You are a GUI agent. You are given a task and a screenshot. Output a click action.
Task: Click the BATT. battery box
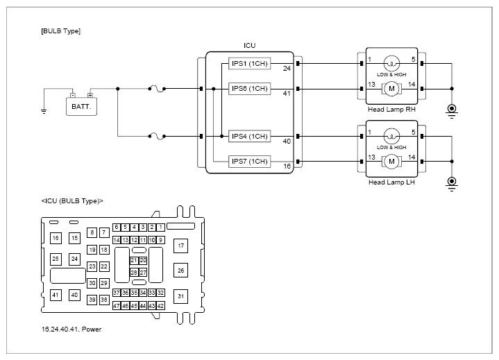pyautogui.click(x=81, y=107)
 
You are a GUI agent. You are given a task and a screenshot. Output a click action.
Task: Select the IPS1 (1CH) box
pyautogui.click(x=250, y=64)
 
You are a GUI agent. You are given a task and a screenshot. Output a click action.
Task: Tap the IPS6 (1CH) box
pyautogui.click(x=250, y=89)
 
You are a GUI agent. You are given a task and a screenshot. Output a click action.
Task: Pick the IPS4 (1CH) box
pyautogui.click(x=250, y=137)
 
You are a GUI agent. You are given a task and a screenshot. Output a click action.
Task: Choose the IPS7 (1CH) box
pyautogui.click(x=250, y=161)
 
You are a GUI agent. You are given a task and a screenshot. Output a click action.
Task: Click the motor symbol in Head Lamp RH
pyautogui.click(x=391, y=89)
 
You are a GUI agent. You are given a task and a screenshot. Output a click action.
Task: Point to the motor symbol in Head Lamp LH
pyautogui.click(x=391, y=162)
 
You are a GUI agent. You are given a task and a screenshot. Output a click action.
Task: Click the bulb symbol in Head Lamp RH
pyautogui.click(x=391, y=64)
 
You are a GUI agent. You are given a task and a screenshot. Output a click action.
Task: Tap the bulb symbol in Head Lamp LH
pyautogui.click(x=391, y=137)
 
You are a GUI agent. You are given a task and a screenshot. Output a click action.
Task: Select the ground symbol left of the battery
pyautogui.click(x=44, y=111)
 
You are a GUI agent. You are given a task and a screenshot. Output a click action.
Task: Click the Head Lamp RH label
pyautogui.click(x=391, y=110)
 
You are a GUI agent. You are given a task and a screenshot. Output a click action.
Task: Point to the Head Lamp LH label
pyautogui.click(x=391, y=182)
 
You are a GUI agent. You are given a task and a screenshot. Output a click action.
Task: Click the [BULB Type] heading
pyautogui.click(x=61, y=31)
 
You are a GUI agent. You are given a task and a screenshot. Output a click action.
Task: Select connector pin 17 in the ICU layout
pyautogui.click(x=180, y=246)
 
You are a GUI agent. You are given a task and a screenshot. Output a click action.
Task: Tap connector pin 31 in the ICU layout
pyautogui.click(x=180, y=296)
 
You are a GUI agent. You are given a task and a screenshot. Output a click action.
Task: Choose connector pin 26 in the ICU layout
pyautogui.click(x=180, y=271)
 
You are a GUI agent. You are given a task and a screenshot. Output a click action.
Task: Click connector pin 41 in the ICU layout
pyautogui.click(x=56, y=295)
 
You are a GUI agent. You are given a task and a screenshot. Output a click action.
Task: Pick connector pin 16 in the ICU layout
pyautogui.click(x=56, y=238)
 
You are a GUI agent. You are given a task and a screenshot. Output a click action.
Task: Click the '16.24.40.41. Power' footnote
pyautogui.click(x=71, y=329)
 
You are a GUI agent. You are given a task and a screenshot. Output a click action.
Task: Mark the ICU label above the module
pyautogui.click(x=250, y=46)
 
